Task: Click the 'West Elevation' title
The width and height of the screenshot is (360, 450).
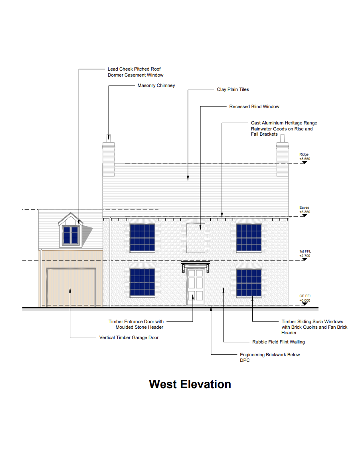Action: coord(190,384)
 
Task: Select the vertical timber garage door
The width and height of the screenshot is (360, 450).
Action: coord(71,288)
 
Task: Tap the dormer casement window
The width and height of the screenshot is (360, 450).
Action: coord(70,235)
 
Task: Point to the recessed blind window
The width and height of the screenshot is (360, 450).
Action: coord(196,238)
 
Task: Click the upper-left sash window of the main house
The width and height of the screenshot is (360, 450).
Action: coord(142,238)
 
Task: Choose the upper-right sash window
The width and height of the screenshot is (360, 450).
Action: coord(249,238)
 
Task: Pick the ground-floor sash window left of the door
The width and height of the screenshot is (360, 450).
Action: coord(142,282)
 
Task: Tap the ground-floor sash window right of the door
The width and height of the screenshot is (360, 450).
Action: coord(249,282)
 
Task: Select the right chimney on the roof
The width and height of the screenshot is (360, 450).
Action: coord(282,158)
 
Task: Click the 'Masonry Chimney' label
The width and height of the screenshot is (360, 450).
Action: coord(156,85)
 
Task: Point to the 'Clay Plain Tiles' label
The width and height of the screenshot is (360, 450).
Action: coord(233,89)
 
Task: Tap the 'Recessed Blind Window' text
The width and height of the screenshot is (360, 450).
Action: coord(254,107)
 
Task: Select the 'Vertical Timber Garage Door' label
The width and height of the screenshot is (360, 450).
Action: coord(129,337)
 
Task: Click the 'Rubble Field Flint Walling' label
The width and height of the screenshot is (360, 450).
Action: coord(279,342)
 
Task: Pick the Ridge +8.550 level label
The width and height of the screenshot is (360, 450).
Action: coord(305,157)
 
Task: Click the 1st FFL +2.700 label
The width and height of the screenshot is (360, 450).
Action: coord(305,254)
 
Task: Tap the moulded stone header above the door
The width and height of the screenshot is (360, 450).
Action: coord(195,264)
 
